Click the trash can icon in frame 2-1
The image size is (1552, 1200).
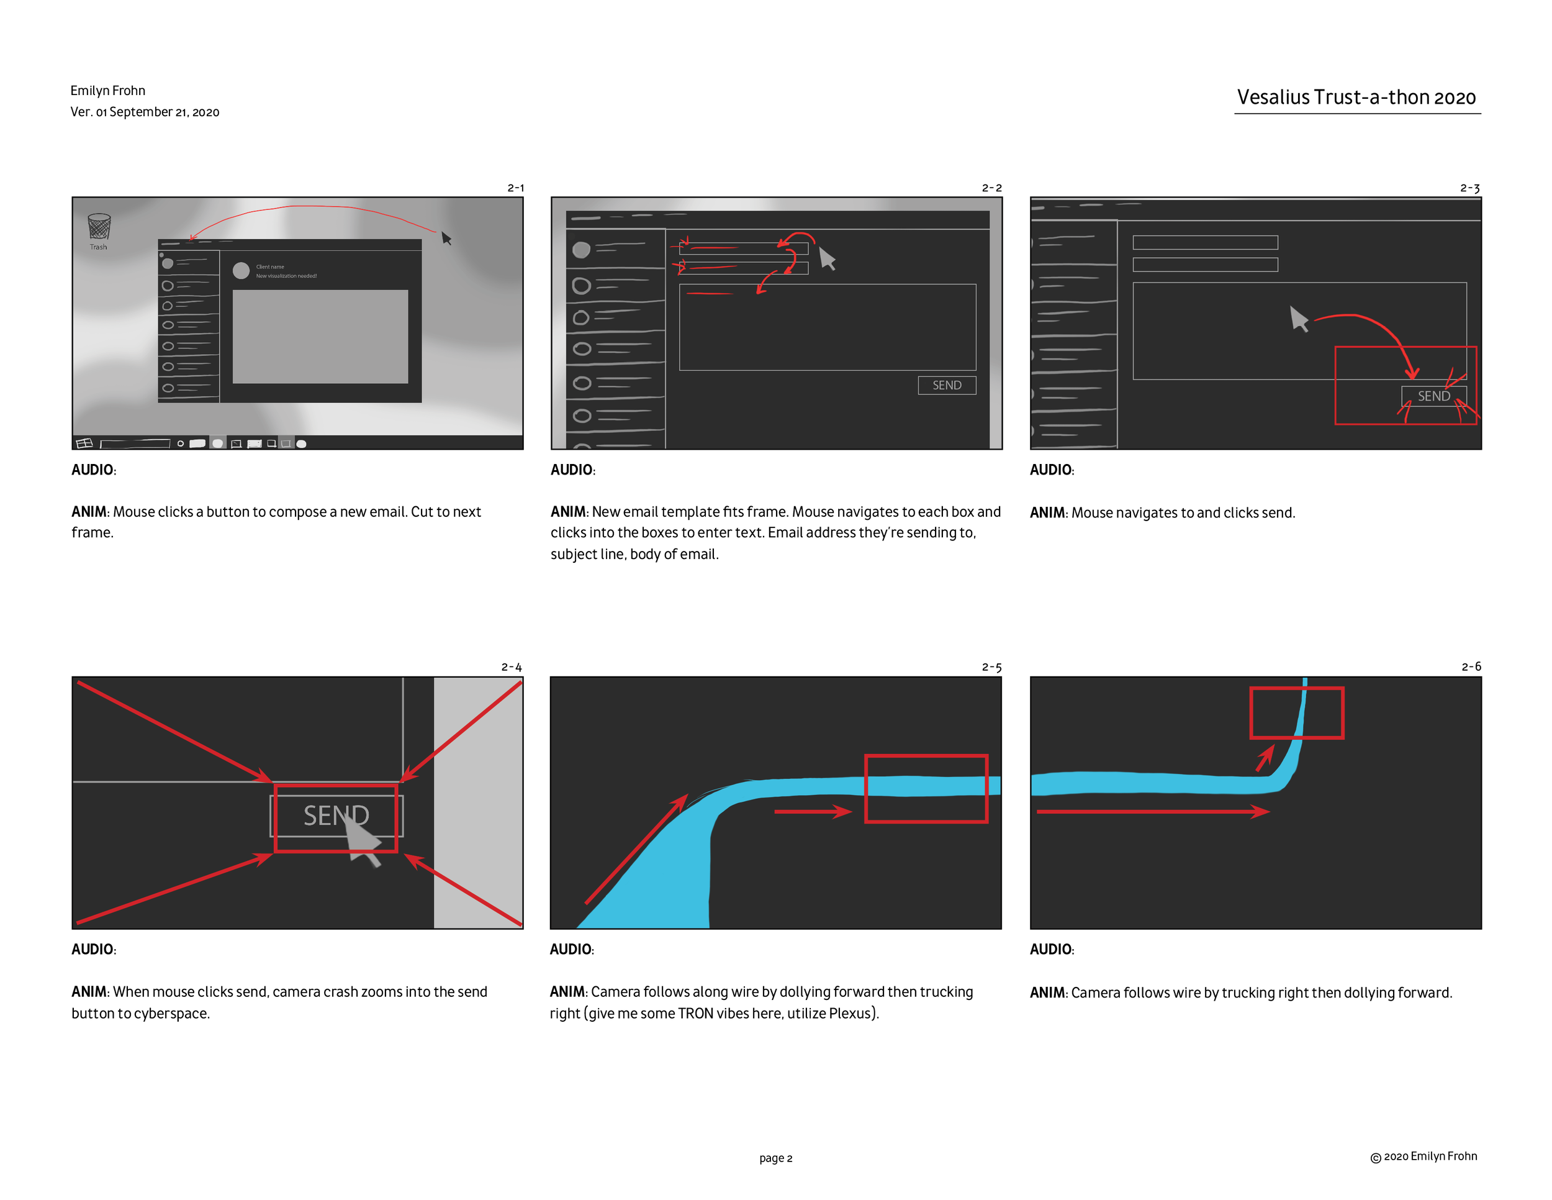click(99, 227)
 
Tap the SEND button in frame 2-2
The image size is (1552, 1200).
click(947, 385)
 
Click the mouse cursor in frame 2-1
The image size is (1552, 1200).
click(446, 238)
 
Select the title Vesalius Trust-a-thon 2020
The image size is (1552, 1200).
click(1356, 98)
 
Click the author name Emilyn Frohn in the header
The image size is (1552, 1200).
click(108, 90)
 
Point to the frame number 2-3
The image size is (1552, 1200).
click(1469, 188)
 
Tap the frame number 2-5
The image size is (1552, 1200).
click(991, 668)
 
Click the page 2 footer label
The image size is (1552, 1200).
click(775, 1158)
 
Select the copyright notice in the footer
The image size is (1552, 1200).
click(1423, 1157)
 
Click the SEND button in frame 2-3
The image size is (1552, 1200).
click(1433, 396)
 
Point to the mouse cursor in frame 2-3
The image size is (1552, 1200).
click(1298, 319)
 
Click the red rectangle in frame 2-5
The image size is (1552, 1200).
click(926, 788)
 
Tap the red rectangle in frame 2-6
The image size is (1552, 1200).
click(1296, 712)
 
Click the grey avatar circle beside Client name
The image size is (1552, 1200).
click(241, 270)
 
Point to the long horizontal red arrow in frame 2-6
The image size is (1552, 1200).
click(1151, 811)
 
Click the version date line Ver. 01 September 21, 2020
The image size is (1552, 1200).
click(145, 112)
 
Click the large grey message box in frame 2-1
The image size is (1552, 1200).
click(320, 336)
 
